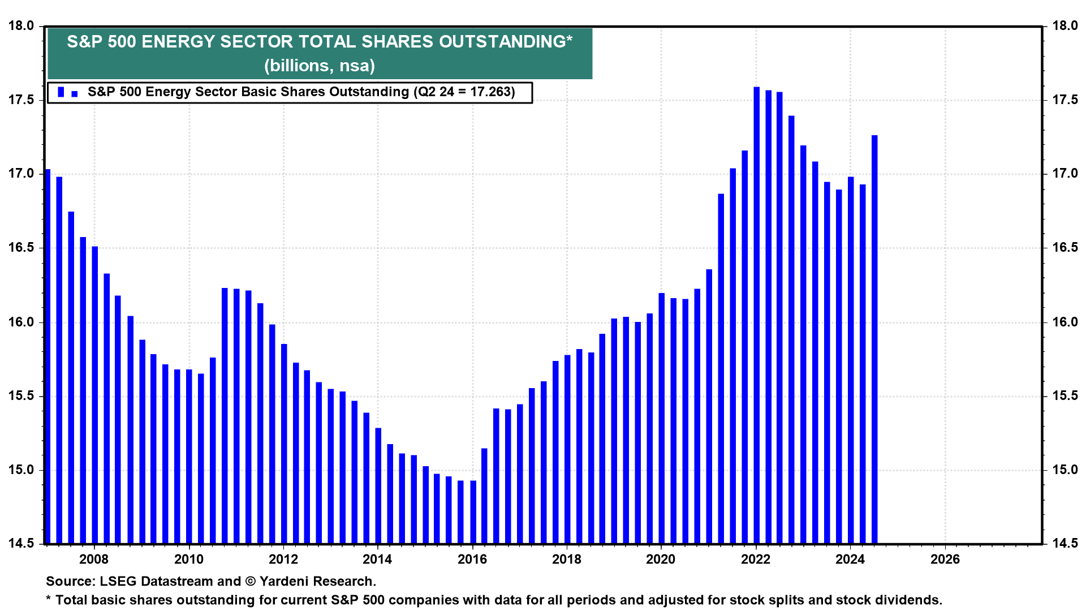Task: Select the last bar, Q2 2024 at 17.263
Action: click(874, 339)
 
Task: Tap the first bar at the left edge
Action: click(48, 356)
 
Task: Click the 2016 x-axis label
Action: click(472, 560)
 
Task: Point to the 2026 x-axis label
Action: click(945, 560)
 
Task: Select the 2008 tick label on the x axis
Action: click(94, 560)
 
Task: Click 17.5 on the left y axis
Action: click(21, 100)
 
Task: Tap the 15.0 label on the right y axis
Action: click(1065, 470)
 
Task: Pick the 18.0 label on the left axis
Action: click(21, 26)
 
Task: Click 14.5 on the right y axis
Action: click(1065, 544)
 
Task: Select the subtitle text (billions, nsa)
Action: click(320, 66)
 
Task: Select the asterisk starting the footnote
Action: click(49, 599)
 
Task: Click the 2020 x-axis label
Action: click(661, 560)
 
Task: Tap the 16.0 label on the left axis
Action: click(21, 322)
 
